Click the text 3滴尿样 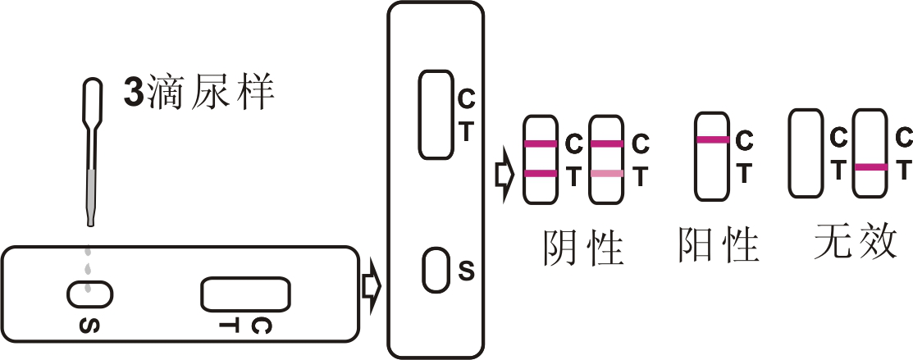click(198, 93)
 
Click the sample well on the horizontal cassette click(89, 291)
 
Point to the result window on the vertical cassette click(436, 114)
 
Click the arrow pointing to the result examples click(503, 174)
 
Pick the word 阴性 click(583, 246)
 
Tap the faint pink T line click(606, 173)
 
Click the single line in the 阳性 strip click(712, 140)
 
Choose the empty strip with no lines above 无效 click(806, 154)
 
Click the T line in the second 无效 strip click(870, 167)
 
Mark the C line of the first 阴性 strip click(541, 144)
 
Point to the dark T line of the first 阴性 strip click(541, 173)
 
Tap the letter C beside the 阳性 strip click(743, 142)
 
